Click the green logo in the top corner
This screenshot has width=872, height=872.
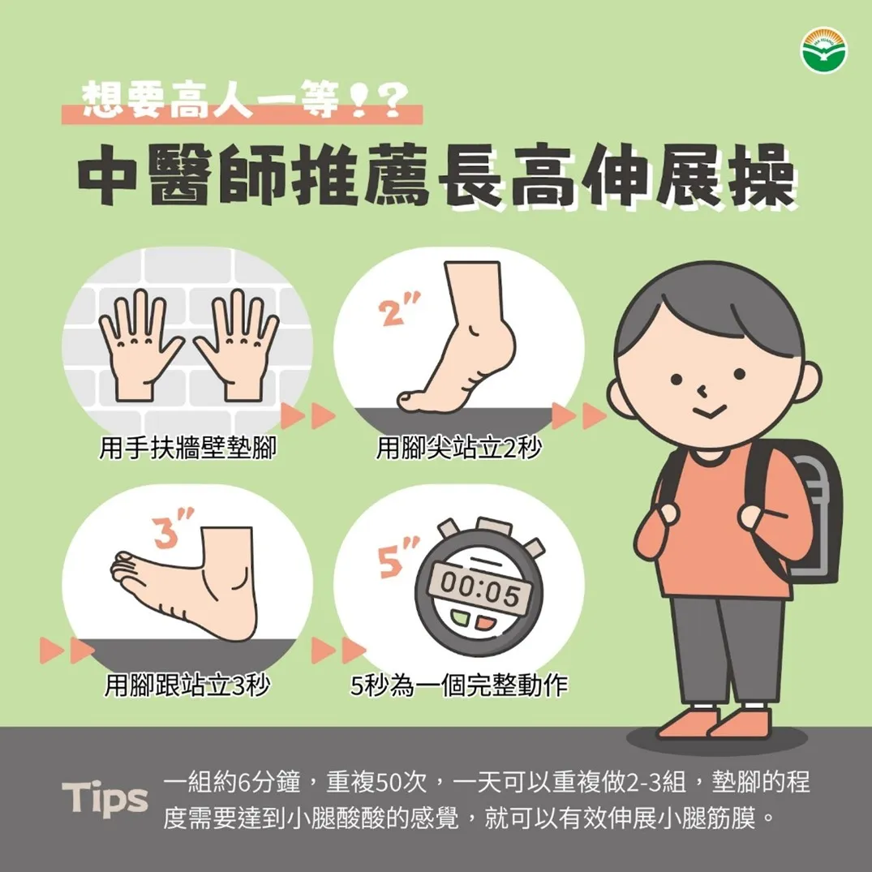pyautogui.click(x=823, y=52)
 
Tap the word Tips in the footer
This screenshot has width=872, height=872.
pyautogui.click(x=105, y=799)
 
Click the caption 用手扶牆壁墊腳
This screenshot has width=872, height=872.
pyautogui.click(x=187, y=448)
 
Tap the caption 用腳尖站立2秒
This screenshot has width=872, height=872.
pyautogui.click(x=458, y=448)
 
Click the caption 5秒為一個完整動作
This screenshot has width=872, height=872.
pyautogui.click(x=459, y=685)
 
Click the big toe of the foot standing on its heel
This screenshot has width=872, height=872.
pyautogui.click(x=123, y=557)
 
